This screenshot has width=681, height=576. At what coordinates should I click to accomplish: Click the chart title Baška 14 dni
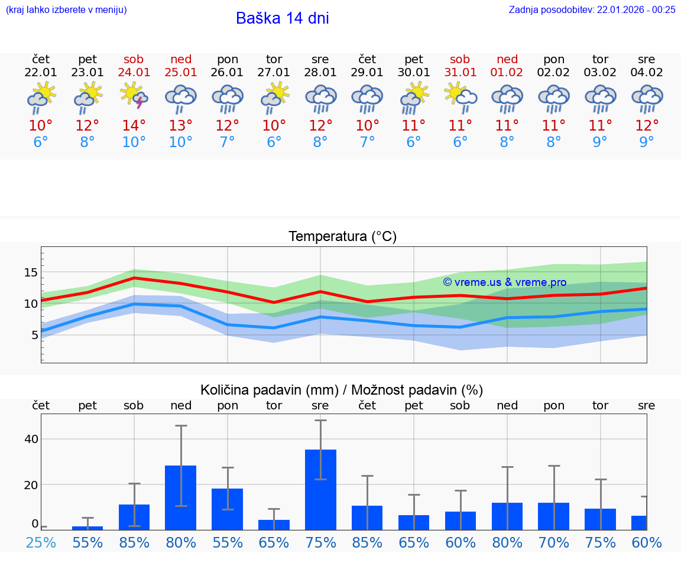(x=282, y=18)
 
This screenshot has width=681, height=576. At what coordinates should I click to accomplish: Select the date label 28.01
(x=320, y=73)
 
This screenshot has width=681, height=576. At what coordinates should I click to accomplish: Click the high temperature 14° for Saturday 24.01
(x=134, y=126)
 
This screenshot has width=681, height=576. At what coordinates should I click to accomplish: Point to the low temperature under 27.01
(x=274, y=142)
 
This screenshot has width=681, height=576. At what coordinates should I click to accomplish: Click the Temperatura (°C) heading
(x=342, y=237)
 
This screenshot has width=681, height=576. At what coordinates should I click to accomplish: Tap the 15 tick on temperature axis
(x=31, y=272)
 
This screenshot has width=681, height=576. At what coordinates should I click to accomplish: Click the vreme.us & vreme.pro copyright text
(x=504, y=282)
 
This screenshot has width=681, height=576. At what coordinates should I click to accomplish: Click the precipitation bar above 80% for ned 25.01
(x=181, y=497)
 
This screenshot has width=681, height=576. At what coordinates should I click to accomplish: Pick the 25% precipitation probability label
(x=41, y=542)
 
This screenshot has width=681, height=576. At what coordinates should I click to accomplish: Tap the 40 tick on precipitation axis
(x=31, y=439)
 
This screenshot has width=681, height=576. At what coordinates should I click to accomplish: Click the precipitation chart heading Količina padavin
(x=342, y=390)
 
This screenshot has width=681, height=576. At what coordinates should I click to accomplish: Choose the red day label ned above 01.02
(x=507, y=59)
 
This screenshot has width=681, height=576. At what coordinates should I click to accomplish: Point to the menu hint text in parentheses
(x=66, y=9)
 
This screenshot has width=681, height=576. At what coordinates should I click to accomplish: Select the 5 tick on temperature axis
(x=34, y=335)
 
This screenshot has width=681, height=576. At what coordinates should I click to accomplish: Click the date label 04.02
(x=647, y=73)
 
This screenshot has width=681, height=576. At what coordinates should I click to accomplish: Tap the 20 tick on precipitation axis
(x=31, y=484)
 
